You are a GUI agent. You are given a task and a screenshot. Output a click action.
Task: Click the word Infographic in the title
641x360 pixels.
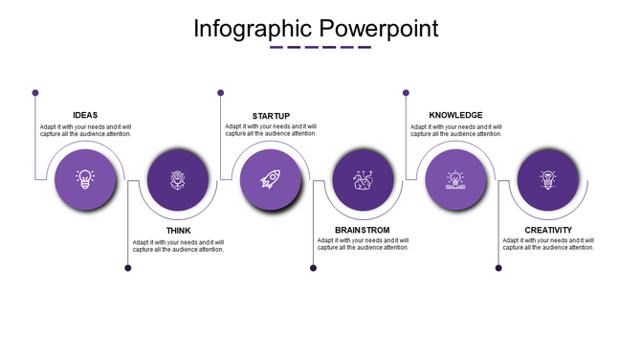[x=250, y=28]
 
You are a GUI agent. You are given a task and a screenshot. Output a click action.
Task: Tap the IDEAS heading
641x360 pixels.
[x=85, y=115]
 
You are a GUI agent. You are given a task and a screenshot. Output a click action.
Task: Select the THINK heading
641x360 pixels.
[x=178, y=231]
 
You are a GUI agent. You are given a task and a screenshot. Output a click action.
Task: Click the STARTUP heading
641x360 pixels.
[x=270, y=115]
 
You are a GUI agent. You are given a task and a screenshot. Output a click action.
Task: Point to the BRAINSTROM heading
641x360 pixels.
[x=363, y=231]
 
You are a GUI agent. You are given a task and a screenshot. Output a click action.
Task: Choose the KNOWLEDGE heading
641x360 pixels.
[x=455, y=115]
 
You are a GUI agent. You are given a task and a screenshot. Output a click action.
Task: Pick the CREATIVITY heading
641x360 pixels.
[x=548, y=231]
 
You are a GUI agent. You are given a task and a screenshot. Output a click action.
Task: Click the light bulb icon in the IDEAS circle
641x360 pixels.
[x=85, y=178]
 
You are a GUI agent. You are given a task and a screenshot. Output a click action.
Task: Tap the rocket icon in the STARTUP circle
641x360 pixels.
[x=270, y=178]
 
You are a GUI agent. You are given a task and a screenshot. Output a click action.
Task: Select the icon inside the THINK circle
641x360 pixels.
[x=178, y=178]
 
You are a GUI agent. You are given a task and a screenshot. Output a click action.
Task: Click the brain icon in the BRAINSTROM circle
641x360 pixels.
[x=363, y=179]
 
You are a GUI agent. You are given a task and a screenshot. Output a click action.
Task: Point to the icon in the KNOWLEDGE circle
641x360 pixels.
[x=455, y=178]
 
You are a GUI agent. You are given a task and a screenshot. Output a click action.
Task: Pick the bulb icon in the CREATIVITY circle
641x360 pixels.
[x=548, y=178]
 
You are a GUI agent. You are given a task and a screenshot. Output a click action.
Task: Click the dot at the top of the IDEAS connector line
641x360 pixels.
[x=35, y=93]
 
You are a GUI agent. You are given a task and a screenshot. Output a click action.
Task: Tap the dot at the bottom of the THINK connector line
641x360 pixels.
[x=128, y=268]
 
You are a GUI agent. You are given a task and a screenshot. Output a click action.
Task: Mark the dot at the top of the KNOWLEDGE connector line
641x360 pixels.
[x=406, y=93]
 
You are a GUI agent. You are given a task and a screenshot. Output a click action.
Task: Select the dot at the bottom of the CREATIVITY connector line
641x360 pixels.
[x=498, y=268]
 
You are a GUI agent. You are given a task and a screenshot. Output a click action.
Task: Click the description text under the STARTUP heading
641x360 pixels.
[x=271, y=130]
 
